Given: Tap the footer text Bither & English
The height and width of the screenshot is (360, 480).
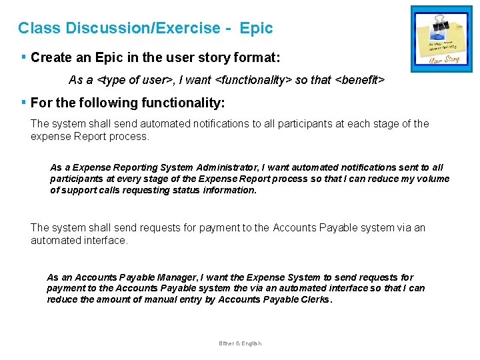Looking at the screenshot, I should pos(240,343).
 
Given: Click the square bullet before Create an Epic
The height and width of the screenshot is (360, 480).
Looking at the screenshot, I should pos(23,57).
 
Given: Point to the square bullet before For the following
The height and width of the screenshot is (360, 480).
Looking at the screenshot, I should pos(23,103).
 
